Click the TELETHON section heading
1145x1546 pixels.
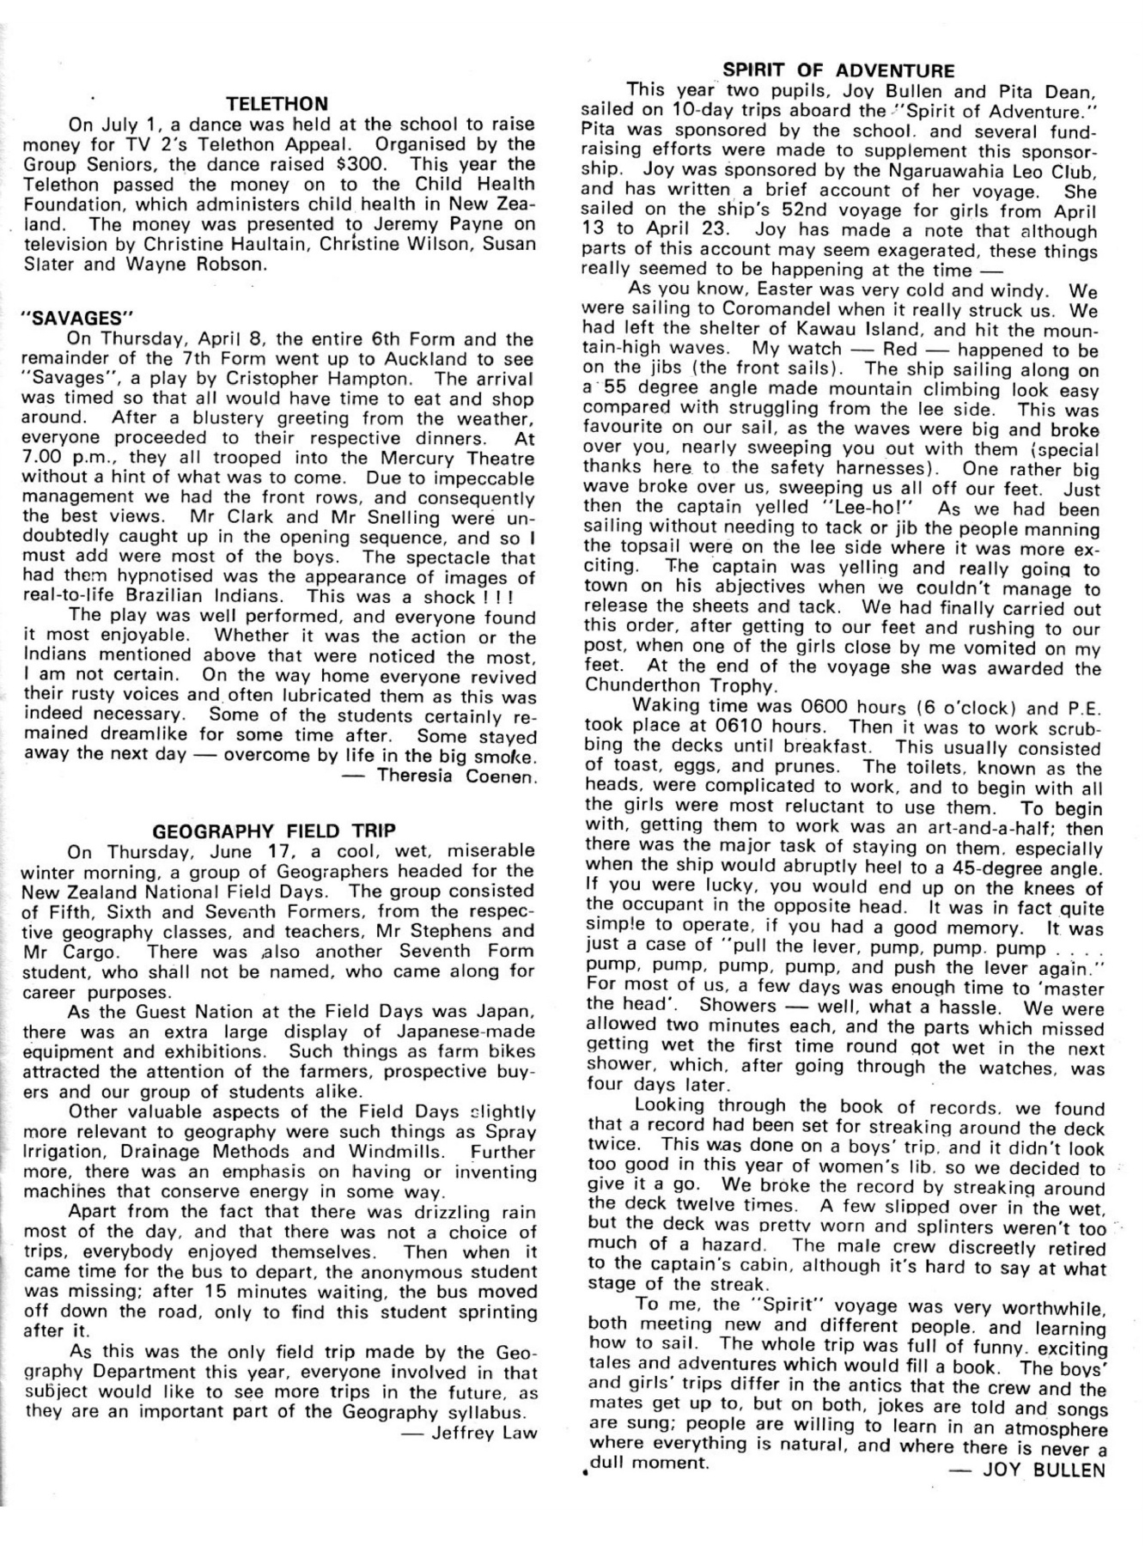click(x=276, y=104)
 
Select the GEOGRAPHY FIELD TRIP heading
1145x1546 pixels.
click(x=274, y=831)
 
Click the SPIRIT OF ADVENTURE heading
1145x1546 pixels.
click(x=837, y=70)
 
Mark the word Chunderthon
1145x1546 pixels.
click(x=655, y=685)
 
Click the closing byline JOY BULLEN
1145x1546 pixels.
click(x=1043, y=1470)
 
